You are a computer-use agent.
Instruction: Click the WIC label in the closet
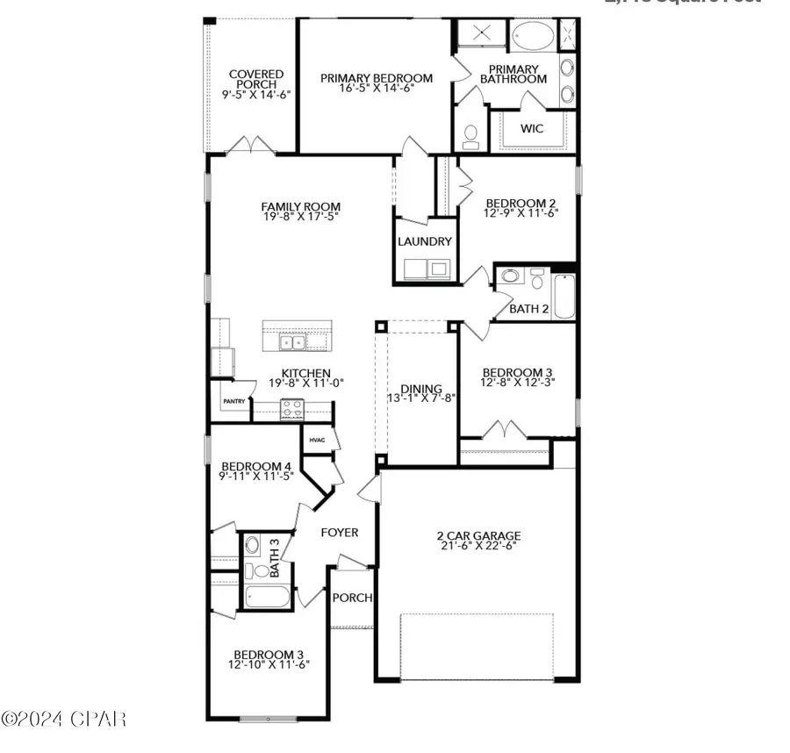[x=532, y=129]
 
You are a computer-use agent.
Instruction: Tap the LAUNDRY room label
[x=424, y=241]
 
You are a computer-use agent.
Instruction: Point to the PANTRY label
[x=233, y=401]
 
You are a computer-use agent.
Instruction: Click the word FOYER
[x=339, y=533]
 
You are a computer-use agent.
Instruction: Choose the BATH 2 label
[x=529, y=309]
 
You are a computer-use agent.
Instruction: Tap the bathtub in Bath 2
[x=563, y=297]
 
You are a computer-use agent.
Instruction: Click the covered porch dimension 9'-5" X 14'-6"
[x=255, y=95]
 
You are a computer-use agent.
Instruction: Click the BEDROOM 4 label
[x=255, y=466]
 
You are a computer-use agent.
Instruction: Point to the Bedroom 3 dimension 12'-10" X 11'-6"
[x=270, y=666]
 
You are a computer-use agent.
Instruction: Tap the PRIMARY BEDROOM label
[x=376, y=78]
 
